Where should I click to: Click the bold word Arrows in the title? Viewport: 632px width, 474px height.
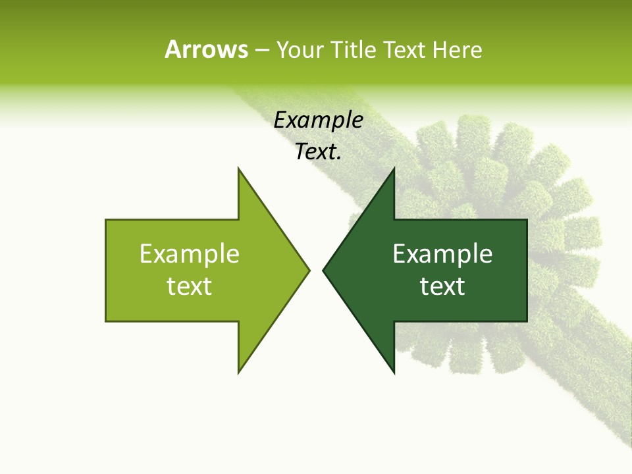coord(206,49)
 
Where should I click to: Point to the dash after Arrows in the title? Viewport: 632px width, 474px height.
coord(261,50)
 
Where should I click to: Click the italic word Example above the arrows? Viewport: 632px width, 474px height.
coord(319,120)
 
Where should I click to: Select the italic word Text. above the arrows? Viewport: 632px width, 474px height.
coord(319,152)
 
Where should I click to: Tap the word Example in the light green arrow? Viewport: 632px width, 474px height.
coord(190,254)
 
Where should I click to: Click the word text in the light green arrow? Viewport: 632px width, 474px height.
coord(190,286)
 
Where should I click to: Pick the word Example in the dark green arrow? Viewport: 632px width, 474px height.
coord(442,254)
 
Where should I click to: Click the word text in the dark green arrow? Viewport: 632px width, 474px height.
coord(442,286)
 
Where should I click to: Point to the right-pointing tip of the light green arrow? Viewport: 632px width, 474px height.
coord(309,270)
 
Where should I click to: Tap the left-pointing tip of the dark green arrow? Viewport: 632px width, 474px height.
coord(323,270)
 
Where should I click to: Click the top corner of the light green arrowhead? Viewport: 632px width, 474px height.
coord(238,169)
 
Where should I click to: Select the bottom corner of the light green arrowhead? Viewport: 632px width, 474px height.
coord(238,373)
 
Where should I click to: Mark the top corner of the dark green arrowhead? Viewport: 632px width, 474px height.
coord(394,169)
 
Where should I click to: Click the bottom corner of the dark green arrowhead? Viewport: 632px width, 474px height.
coord(394,373)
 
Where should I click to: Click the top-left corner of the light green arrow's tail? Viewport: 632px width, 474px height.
coord(106,220)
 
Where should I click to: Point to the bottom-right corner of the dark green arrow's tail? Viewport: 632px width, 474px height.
coord(527,321)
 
